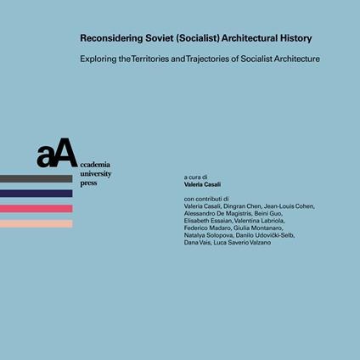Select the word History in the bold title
(x=290, y=38)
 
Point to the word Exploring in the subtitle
(x=99, y=59)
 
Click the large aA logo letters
(x=57, y=154)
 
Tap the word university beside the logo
(x=95, y=173)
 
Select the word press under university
(x=88, y=183)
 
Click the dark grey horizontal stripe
(x=36, y=178)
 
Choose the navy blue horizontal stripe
(x=36, y=194)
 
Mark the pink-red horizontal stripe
(x=36, y=209)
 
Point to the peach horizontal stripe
(x=36, y=224)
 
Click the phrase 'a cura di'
(x=195, y=178)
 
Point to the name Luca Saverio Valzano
(x=244, y=243)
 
